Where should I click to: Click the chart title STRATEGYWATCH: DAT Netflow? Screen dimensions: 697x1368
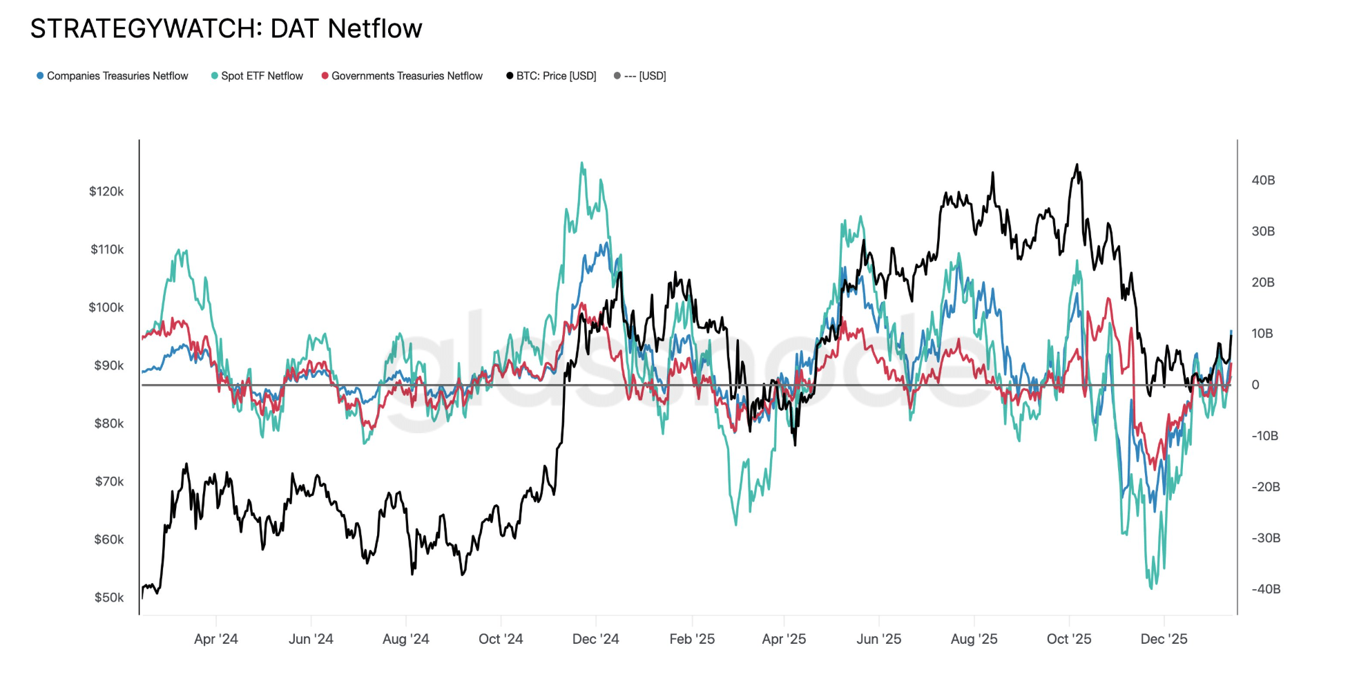226,29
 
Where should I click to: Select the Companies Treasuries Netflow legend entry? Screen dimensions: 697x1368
117,76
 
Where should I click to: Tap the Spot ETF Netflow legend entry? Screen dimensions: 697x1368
262,76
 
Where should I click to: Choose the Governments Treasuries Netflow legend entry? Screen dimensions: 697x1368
407,76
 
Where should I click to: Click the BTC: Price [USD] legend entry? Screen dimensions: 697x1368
556,76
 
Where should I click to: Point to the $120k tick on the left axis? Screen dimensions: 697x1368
106,191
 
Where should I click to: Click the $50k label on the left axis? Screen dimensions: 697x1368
109,598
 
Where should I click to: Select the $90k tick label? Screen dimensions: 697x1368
109,365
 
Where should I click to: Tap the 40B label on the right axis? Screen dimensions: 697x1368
1263,180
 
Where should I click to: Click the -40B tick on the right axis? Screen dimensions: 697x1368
1266,589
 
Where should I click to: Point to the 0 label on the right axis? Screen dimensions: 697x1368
1255,385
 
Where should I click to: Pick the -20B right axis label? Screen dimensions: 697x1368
1266,487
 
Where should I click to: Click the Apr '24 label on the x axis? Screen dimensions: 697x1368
216,639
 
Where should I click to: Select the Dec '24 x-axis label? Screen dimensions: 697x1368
595,639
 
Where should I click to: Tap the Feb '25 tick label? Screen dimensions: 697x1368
692,639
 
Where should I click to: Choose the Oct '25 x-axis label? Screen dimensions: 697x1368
1069,639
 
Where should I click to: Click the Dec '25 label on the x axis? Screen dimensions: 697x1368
1164,639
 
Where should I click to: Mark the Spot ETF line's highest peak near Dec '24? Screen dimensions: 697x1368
582,163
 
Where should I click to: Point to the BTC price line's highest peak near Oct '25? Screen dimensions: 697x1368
1077,164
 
